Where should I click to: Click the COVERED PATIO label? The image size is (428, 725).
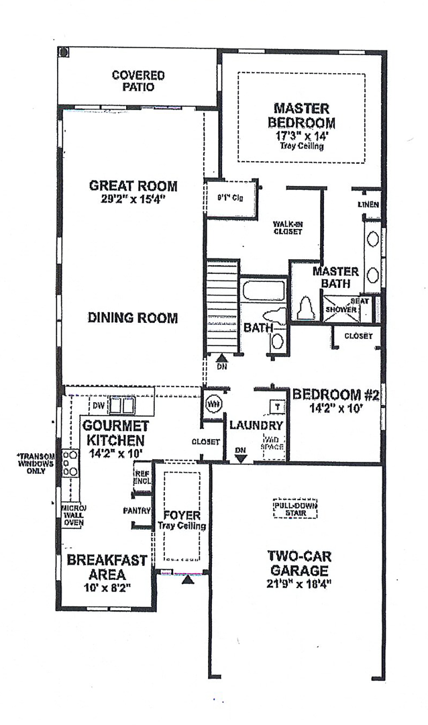138,81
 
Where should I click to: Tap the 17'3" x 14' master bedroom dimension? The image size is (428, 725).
301,135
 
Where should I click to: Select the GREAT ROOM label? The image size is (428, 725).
133,186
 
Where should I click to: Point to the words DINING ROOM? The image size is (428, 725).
133,318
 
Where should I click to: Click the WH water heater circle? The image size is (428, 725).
214,405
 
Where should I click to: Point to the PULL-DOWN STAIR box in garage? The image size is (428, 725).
295,508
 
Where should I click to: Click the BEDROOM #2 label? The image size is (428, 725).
336,395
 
